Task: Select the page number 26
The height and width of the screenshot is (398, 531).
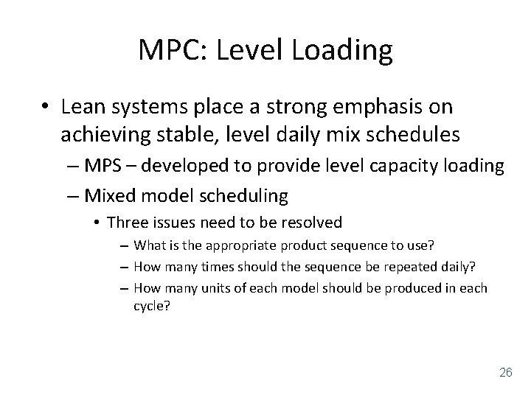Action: click(505, 371)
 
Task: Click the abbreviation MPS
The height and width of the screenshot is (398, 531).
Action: click(106, 167)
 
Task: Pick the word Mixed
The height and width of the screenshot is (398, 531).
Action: click(108, 195)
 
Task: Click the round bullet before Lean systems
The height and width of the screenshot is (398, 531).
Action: click(47, 108)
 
